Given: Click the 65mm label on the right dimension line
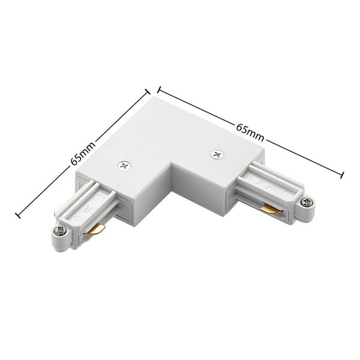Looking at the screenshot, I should click(x=250, y=130).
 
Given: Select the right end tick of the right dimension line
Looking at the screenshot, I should click(x=343, y=174).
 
